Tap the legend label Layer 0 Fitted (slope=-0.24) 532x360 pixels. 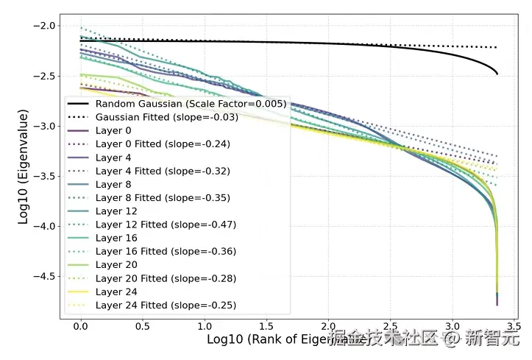[x=163, y=144]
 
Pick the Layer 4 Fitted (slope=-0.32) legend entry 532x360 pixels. [x=163, y=171]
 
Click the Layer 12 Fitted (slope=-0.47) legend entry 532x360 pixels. [x=166, y=225]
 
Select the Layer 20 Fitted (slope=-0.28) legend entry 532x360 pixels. [x=166, y=278]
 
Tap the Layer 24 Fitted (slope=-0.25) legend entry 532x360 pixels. [x=166, y=305]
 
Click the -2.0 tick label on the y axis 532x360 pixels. [x=43, y=26]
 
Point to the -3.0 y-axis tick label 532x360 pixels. [x=43, y=126]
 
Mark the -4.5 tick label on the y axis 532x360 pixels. [x=43, y=276]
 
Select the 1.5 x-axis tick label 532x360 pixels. [x=266, y=325]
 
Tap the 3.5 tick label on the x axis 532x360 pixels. [x=514, y=325]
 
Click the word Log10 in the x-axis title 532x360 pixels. [x=225, y=339]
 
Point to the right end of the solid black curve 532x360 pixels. [x=497, y=74]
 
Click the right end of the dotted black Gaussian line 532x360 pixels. [x=497, y=47]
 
